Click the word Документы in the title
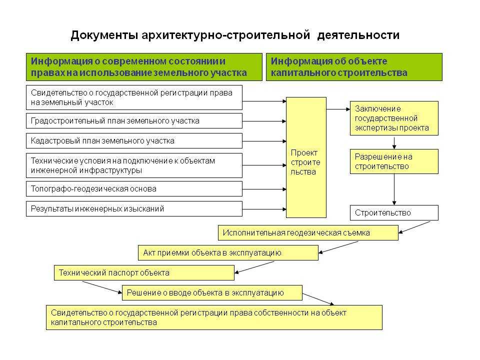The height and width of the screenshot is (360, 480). tap(104, 35)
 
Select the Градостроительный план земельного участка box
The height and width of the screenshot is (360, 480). tap(134, 121)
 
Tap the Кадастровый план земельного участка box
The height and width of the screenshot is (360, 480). tap(134, 141)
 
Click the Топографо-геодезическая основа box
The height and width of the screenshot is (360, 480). tap(134, 189)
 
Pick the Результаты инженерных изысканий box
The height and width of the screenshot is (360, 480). tap(134, 209)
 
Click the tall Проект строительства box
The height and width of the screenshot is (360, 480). tap(306, 157)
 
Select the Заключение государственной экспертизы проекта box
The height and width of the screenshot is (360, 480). tap(394, 118)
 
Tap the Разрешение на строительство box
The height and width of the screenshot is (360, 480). tap(394, 161)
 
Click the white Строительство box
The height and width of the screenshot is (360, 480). tap(394, 213)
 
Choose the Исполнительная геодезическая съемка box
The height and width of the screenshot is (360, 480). tap(308, 233)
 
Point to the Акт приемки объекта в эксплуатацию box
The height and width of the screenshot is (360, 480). tap(228, 253)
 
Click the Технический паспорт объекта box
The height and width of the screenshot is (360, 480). tap(144, 273)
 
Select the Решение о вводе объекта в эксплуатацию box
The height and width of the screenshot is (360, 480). tap(212, 293)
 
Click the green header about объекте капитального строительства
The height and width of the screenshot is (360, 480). tap(354, 67)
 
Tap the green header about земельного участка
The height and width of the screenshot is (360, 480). tap(144, 67)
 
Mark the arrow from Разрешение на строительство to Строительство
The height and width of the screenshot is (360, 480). tap(394, 189)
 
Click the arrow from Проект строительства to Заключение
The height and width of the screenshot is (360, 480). tap(338, 109)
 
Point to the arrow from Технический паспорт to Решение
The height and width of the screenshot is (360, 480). tap(102, 287)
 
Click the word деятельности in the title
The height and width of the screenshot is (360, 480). tap(358, 35)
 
